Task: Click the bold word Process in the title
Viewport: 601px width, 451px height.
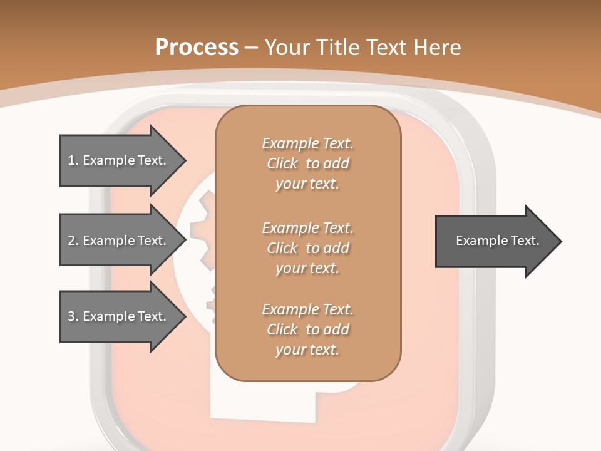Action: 197,47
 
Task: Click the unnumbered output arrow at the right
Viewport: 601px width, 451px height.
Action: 495,241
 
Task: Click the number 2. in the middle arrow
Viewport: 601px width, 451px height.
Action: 73,241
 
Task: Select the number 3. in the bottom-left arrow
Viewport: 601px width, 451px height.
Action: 73,316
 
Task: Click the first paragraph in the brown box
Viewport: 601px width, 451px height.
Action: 307,163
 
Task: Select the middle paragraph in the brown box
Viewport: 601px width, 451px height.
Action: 307,247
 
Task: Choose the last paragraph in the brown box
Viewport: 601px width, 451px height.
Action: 307,329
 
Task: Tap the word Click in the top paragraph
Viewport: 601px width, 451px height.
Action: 282,163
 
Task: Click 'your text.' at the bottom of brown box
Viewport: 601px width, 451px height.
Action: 307,350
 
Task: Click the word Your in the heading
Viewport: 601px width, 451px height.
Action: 287,47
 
